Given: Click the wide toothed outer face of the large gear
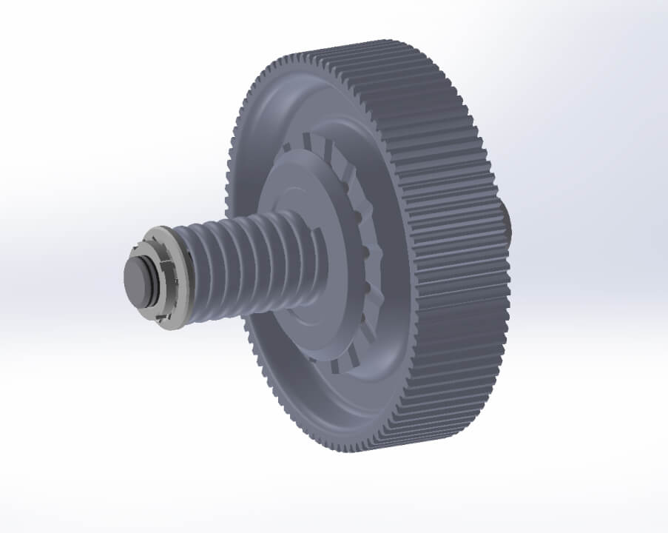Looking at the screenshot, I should pyautogui.click(x=451, y=244).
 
